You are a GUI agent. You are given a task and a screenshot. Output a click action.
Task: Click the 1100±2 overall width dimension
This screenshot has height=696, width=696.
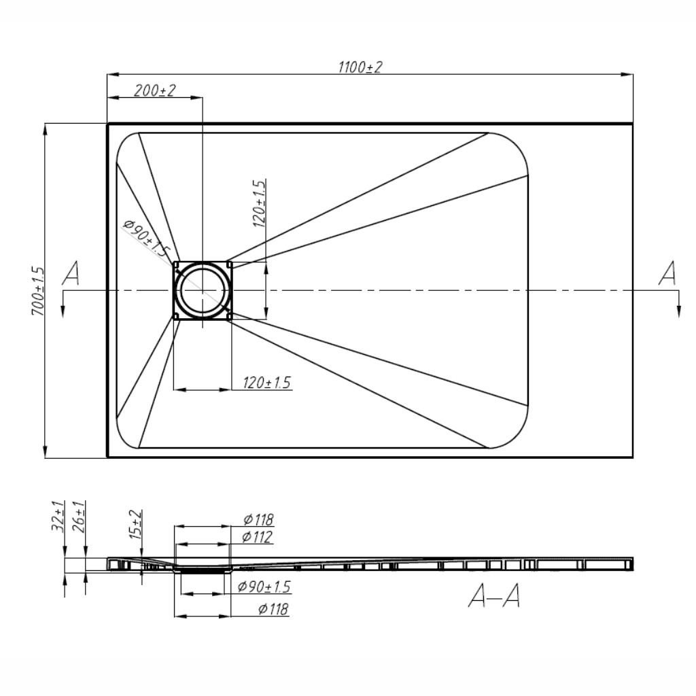360,67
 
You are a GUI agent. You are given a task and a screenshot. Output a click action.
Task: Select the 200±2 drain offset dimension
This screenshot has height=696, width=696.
155,90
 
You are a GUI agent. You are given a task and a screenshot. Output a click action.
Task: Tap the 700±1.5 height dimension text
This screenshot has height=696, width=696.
38,291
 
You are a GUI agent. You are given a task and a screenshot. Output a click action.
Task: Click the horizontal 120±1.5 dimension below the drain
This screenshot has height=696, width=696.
266,382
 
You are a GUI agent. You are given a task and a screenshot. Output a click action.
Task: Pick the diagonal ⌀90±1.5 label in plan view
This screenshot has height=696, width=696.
147,239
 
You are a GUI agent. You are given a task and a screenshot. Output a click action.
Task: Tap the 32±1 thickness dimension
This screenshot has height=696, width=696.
58,517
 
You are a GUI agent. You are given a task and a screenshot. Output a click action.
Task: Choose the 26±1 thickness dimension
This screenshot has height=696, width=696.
80,517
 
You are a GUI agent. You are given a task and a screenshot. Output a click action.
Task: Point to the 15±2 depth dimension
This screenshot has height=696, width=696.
136,525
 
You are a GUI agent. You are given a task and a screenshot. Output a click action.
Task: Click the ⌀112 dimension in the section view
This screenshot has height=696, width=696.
258,537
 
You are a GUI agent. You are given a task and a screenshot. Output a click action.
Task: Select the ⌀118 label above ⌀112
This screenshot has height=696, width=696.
259,519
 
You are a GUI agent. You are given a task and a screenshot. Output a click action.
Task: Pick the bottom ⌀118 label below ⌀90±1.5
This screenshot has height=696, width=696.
273,609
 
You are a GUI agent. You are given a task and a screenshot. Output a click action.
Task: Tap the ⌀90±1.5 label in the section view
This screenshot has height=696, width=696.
264,587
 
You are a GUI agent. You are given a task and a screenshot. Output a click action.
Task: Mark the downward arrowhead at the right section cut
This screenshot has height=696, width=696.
680,311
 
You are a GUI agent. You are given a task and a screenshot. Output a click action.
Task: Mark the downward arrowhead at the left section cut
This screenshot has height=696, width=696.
63,311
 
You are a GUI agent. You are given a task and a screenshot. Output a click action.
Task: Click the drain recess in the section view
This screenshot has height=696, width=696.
203,569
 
